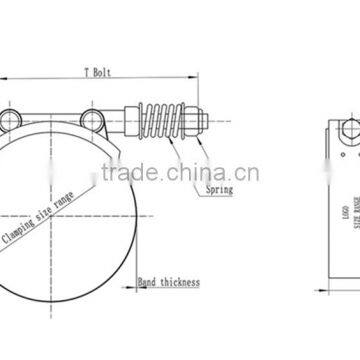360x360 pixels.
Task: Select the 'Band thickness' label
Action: coord(168,283)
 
